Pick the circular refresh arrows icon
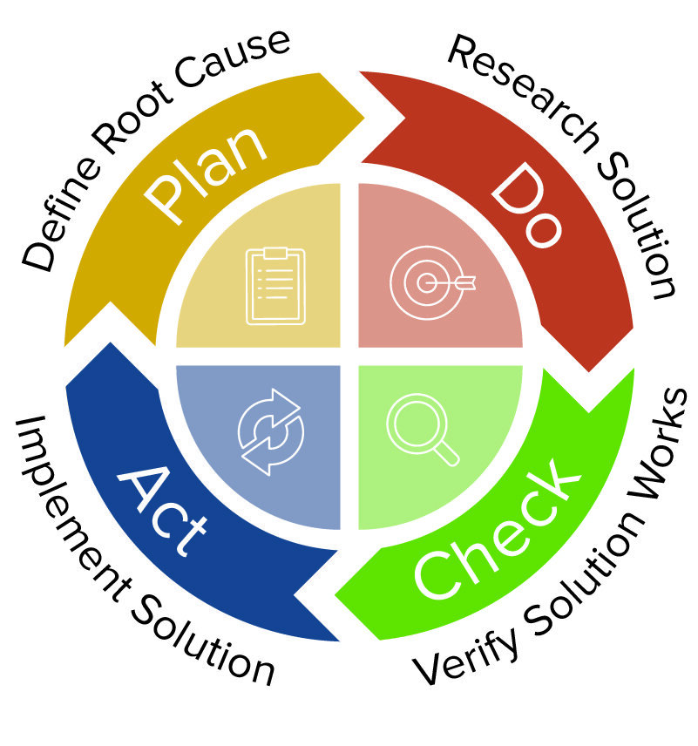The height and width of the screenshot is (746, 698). click(270, 431)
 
